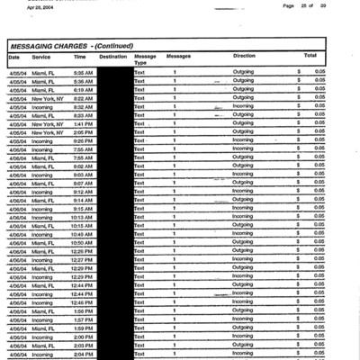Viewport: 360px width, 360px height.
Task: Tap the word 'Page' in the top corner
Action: point(289,5)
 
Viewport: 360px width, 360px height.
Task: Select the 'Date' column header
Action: point(13,56)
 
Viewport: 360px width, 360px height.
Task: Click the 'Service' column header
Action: point(41,56)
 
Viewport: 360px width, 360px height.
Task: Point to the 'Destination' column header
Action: point(112,56)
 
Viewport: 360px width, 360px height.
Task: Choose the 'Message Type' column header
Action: point(144,59)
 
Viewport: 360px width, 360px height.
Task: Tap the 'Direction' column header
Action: point(243,56)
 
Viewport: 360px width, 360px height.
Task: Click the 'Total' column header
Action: point(310,56)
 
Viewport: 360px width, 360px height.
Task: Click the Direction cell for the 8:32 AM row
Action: point(243,106)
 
